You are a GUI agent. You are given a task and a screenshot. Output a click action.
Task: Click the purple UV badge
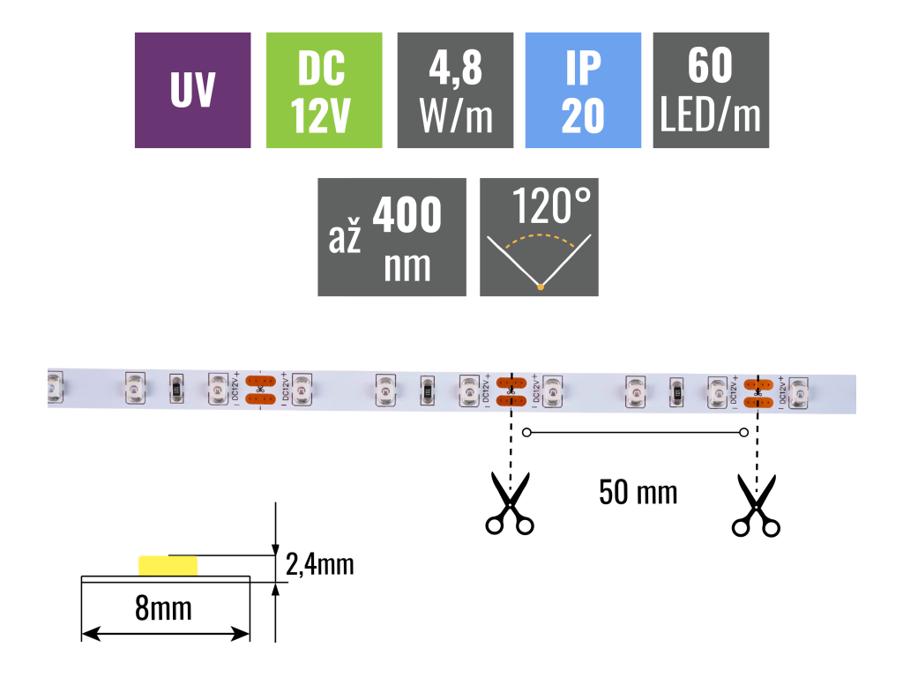[192, 90]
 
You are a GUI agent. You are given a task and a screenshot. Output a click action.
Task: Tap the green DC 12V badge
[323, 90]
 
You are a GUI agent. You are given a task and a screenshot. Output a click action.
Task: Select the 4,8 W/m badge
[455, 90]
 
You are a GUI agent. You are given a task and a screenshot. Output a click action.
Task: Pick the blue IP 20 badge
[583, 90]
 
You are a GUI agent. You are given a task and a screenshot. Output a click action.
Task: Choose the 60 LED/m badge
[711, 90]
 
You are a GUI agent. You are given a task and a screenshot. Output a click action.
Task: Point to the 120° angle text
[549, 208]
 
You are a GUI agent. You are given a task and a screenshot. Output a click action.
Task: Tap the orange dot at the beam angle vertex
[540, 286]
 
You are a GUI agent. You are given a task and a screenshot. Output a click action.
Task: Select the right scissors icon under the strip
[756, 506]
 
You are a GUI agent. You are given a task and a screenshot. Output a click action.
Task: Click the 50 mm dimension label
[638, 492]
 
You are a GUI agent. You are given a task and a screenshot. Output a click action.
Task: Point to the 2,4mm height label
[320, 563]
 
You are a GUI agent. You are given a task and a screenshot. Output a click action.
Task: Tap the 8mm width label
[164, 608]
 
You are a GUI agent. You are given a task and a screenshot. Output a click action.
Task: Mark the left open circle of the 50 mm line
[527, 432]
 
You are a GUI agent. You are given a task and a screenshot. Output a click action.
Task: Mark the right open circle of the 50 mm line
[743, 432]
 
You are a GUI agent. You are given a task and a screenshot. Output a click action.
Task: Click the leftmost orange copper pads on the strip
[259, 390]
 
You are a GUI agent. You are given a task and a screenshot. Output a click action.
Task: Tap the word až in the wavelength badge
[345, 239]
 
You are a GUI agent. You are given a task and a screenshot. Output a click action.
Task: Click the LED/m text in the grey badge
[711, 115]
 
